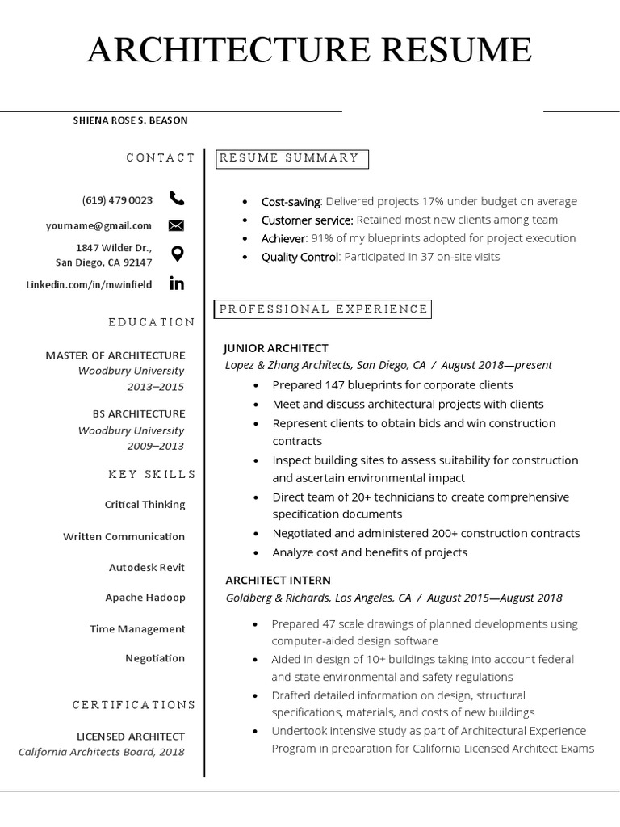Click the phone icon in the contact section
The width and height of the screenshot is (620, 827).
(177, 199)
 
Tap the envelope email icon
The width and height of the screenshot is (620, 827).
(177, 225)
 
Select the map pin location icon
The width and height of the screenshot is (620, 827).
(177, 254)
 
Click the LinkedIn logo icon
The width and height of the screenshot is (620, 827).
(177, 283)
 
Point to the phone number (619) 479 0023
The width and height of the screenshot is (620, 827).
(117, 199)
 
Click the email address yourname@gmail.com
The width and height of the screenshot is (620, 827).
(98, 226)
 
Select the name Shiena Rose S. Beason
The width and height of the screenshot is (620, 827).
(130, 120)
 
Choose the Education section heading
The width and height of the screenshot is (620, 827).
(152, 322)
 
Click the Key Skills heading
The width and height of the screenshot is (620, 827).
(152, 474)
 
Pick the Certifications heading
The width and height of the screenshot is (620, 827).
(134, 705)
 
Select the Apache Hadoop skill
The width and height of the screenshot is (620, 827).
(145, 598)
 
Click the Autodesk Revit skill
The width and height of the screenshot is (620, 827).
(147, 568)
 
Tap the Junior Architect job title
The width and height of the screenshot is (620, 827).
(276, 348)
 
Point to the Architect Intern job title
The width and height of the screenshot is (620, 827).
(278, 580)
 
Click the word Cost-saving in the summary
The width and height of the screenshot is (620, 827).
(291, 201)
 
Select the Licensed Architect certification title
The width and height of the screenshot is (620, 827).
(131, 737)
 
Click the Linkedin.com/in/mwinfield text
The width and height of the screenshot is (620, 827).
(89, 284)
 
